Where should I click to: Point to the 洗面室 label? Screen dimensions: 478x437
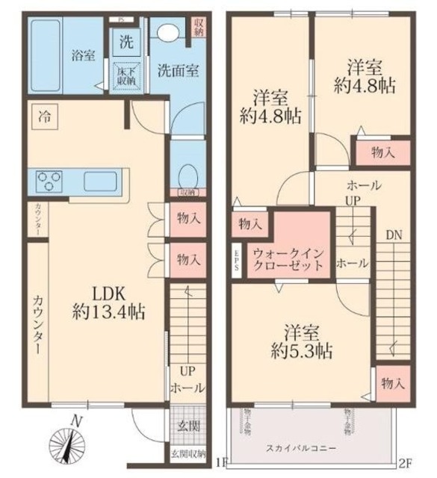pyautogui.click(x=177, y=71)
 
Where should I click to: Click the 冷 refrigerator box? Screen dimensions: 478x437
pyautogui.click(x=46, y=117)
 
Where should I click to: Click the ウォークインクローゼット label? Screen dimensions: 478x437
pyautogui.click(x=288, y=259)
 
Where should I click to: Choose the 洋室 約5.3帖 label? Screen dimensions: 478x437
pyautogui.click(x=301, y=341)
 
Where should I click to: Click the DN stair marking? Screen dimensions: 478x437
pyautogui.click(x=394, y=234)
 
